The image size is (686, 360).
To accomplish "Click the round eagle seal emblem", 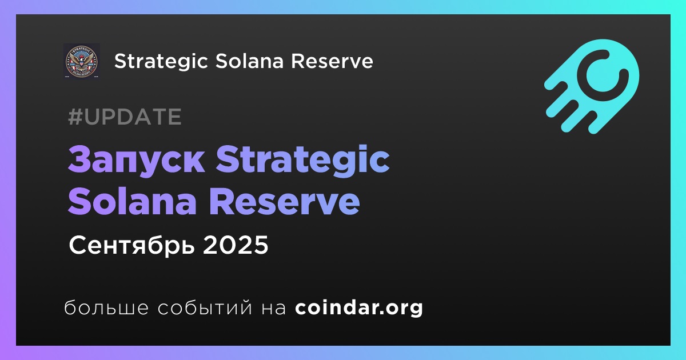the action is [x=81, y=61].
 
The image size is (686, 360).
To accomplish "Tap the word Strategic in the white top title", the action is [x=161, y=62].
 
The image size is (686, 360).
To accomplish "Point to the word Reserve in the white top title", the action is [x=332, y=61].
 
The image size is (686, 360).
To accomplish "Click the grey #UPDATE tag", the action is [x=125, y=117].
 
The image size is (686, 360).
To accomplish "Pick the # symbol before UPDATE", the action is [x=75, y=117].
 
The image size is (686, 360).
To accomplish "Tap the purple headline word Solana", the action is [x=132, y=201].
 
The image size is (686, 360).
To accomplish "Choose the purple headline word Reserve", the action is [x=285, y=201].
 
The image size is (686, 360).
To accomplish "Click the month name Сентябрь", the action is [x=131, y=245].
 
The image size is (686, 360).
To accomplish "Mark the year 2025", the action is [x=235, y=245].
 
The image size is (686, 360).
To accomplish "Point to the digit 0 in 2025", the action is [x=227, y=245].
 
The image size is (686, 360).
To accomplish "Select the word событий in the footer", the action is [x=205, y=307].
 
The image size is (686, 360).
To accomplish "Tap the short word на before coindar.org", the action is [x=274, y=309].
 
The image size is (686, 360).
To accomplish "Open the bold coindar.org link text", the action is [x=359, y=308].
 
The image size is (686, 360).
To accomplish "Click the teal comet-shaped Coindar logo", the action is [x=592, y=86].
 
